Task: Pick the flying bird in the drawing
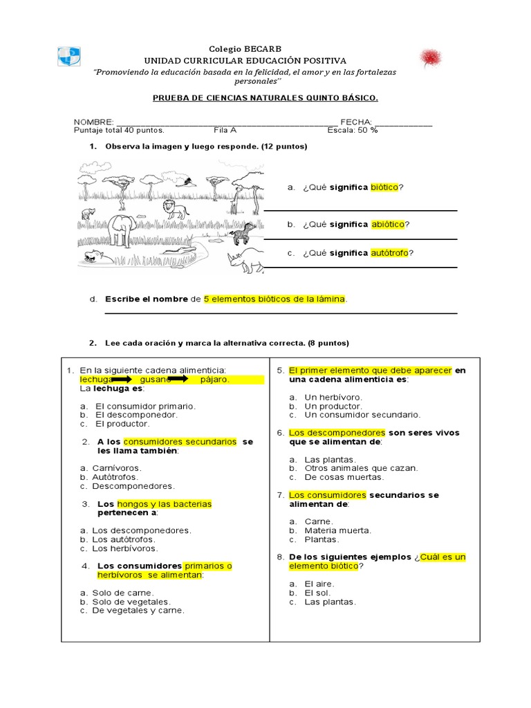[187, 182]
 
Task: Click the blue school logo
[69, 57]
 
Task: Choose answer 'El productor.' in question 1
[122, 424]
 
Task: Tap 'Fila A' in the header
[225, 130]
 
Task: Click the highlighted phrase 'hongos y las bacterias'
[165, 504]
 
